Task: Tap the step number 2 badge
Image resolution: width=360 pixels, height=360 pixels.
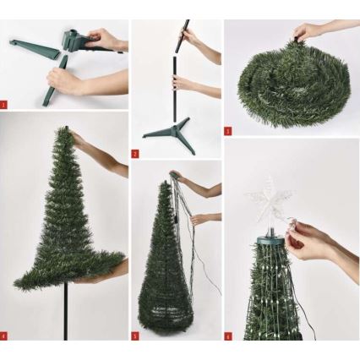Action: [x=134, y=154]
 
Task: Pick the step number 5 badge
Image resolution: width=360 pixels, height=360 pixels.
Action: [x=134, y=335]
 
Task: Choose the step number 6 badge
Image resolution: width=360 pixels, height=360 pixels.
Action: [x=227, y=335]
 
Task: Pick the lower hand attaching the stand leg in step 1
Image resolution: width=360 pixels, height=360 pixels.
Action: [x=68, y=79]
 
